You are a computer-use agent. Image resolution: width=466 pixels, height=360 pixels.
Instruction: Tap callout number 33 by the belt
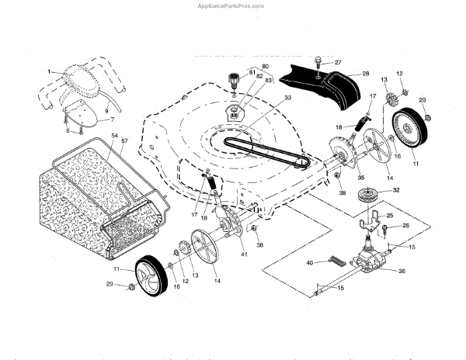[266, 98]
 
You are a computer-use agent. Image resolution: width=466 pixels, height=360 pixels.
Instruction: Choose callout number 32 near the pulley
[396, 189]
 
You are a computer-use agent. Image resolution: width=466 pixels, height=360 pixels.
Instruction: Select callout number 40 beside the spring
[309, 263]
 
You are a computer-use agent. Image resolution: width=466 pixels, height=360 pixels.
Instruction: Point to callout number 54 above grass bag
[114, 137]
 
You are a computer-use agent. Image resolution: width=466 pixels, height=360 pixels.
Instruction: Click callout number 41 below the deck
[243, 254]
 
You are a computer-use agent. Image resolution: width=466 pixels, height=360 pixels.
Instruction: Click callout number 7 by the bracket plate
[111, 120]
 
